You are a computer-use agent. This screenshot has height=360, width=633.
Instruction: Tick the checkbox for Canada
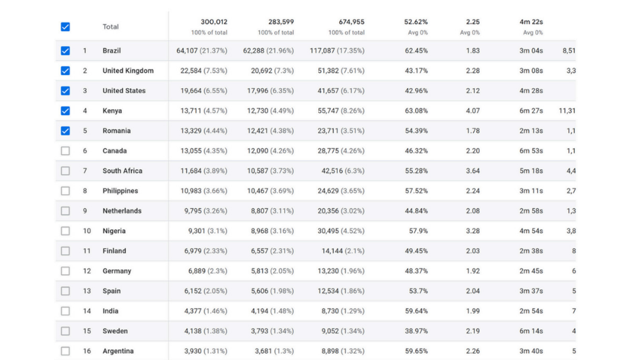65,151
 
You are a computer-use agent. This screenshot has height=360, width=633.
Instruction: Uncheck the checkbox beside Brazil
65,51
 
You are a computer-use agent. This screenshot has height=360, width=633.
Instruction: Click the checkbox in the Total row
65,27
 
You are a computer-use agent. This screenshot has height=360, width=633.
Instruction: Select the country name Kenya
112,111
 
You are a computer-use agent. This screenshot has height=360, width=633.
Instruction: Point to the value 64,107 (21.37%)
202,51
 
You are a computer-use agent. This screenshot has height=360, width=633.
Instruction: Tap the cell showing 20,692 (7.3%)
268,71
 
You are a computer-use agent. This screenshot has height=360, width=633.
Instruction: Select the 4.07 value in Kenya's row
473,111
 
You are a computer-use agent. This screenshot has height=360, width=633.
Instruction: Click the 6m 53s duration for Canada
531,151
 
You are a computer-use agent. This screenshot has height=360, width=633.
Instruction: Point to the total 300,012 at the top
214,22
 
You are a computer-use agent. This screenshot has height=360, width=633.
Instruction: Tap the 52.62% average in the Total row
416,22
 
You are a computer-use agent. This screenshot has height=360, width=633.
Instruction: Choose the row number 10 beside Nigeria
87,231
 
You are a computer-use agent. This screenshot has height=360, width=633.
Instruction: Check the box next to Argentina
65,351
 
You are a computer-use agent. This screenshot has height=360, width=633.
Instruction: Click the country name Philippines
120,191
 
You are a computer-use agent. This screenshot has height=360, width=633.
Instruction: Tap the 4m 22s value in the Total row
531,22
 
